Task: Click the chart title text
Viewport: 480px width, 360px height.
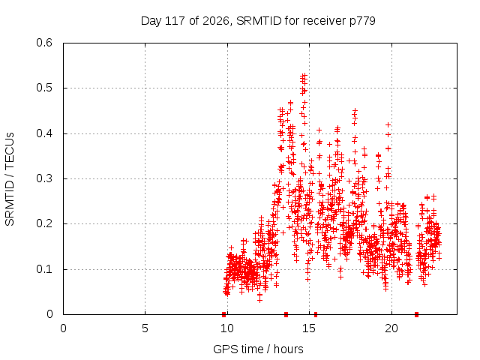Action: tap(258, 21)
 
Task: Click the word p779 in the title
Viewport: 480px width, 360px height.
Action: tap(362, 22)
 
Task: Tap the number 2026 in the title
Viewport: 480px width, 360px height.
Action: tap(216, 21)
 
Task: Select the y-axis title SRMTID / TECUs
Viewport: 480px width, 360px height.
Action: tap(10, 179)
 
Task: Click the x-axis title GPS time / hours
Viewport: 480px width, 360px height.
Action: tap(258, 349)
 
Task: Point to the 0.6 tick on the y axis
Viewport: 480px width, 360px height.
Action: tap(44, 43)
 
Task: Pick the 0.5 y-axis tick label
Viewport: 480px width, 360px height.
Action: tap(44, 88)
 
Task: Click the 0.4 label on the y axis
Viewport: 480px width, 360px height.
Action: tap(44, 133)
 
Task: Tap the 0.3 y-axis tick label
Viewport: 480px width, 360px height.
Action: tap(44, 178)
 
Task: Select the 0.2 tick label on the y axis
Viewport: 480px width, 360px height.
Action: tap(44, 223)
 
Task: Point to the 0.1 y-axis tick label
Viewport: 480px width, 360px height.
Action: tap(44, 269)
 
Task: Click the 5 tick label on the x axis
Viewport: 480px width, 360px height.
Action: tap(145, 328)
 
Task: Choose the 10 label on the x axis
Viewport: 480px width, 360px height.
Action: tap(227, 328)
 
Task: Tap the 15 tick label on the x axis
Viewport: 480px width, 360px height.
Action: tap(309, 328)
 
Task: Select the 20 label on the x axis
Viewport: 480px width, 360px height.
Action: tap(391, 328)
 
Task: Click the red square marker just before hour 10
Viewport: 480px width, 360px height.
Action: tap(223, 314)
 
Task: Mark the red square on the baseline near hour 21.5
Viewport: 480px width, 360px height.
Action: tap(416, 314)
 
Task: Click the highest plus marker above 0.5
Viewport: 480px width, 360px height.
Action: tap(304, 75)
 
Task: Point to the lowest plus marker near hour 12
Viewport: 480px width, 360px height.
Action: tap(259, 300)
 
